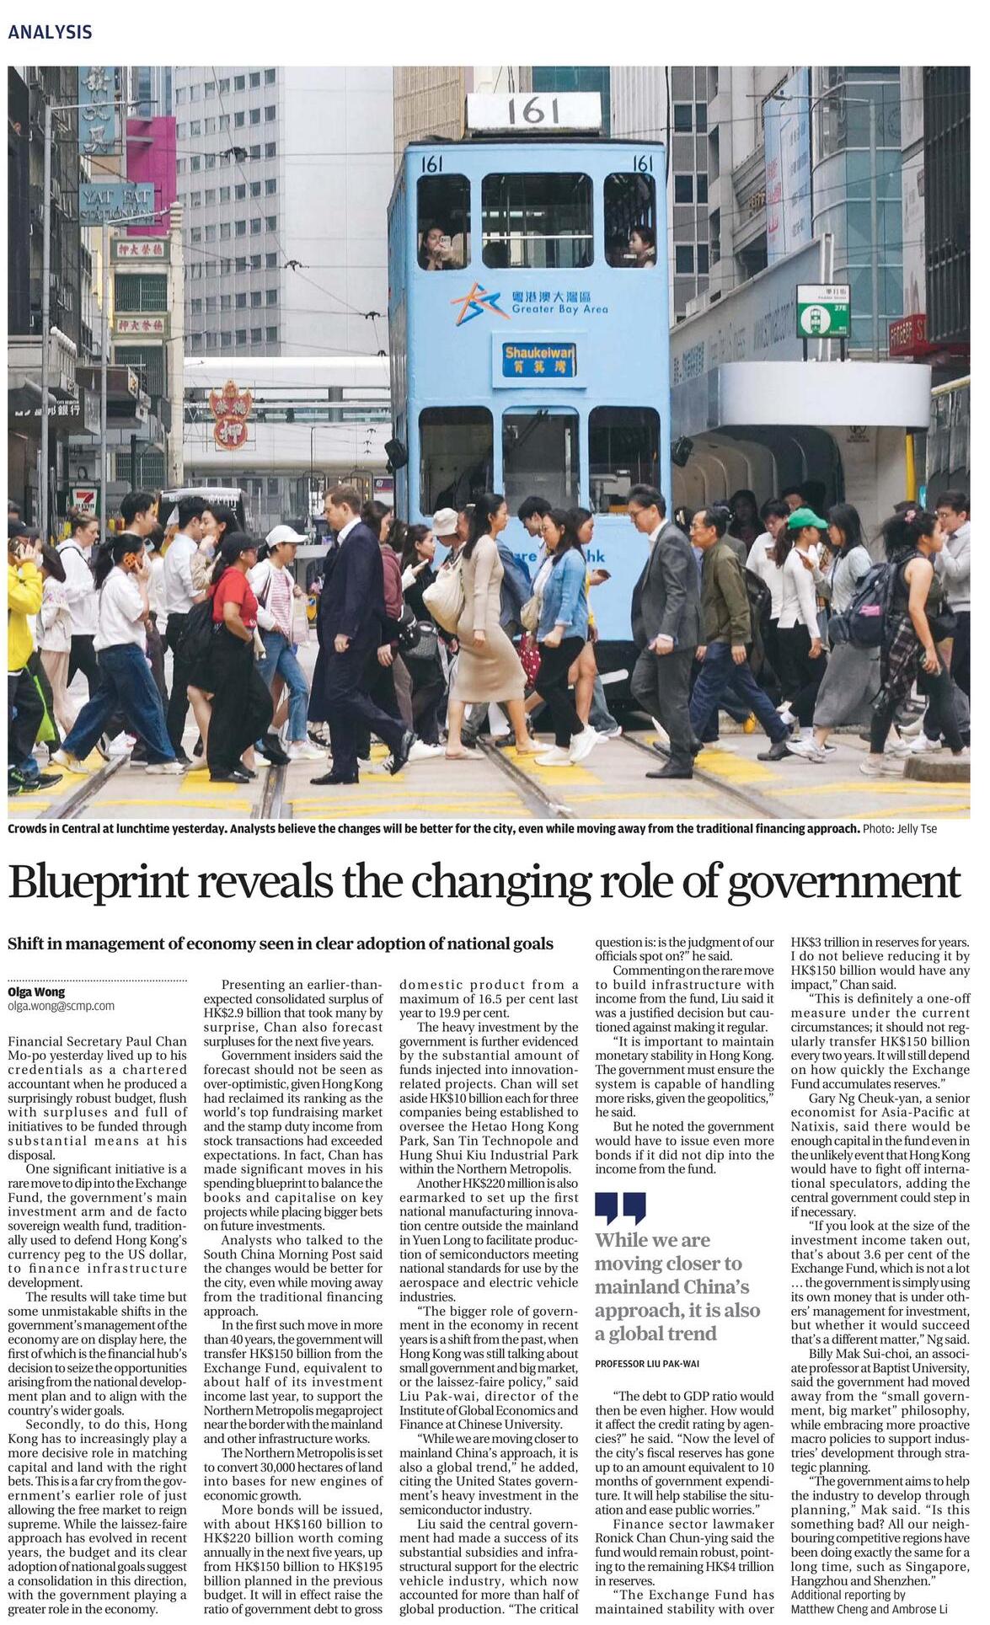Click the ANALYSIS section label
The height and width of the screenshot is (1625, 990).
pyautogui.click(x=50, y=32)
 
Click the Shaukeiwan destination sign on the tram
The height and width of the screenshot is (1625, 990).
pyautogui.click(x=539, y=359)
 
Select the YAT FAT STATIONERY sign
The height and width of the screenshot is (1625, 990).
pyautogui.click(x=116, y=205)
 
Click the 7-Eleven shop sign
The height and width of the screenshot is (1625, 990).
pyautogui.click(x=86, y=500)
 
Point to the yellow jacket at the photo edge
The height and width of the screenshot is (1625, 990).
pyautogui.click(x=22, y=615)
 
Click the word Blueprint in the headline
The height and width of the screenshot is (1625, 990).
pyautogui.click(x=99, y=882)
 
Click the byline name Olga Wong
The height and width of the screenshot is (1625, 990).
pyautogui.click(x=36, y=992)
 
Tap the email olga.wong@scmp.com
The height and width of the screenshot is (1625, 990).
pyautogui.click(x=61, y=1006)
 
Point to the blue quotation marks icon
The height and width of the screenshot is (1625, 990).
pyautogui.click(x=620, y=1207)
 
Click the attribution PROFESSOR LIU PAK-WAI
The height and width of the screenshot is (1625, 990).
pyautogui.click(x=646, y=1363)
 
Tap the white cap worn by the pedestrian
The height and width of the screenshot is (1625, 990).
pyautogui.click(x=285, y=535)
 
